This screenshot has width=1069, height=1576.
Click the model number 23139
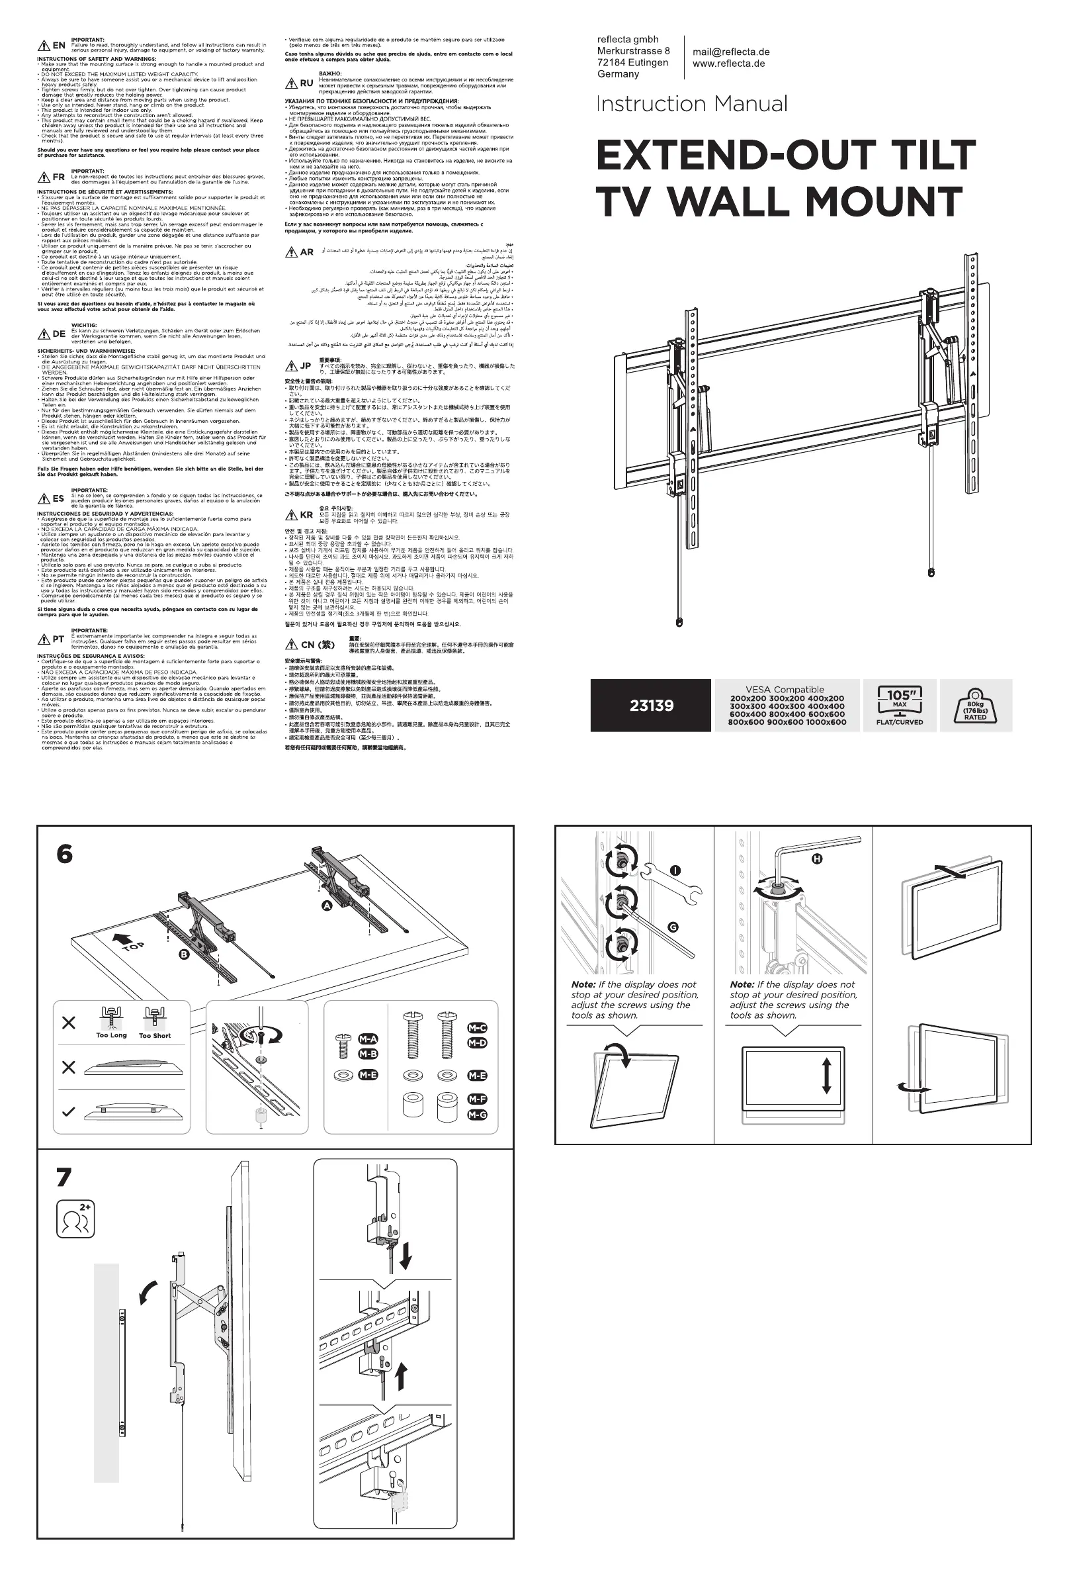pos(651,706)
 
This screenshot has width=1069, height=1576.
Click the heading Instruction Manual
pos(691,104)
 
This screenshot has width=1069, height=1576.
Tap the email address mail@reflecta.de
pos(731,52)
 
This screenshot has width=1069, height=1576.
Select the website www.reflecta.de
pos(728,64)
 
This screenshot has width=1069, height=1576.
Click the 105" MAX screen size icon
pos(900,706)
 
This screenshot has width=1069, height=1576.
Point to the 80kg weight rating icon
pos(975,706)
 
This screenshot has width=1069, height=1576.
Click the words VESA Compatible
pos(785,690)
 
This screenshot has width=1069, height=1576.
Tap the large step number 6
pos(64,854)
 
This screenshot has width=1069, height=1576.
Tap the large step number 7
pos(64,1177)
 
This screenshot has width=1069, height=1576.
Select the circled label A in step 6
pos(327,906)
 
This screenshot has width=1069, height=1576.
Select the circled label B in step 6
pos(184,955)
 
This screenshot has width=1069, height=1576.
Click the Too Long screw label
pos(111,1035)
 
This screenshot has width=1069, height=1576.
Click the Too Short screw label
pos(155,1035)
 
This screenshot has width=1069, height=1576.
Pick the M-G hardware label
pos(477,1115)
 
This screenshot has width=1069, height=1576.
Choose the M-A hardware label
pos(368,1040)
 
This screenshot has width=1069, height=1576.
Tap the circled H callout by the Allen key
pos(817,859)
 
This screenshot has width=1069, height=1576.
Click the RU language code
pos(307,83)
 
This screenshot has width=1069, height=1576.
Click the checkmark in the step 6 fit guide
pos(68,1112)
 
